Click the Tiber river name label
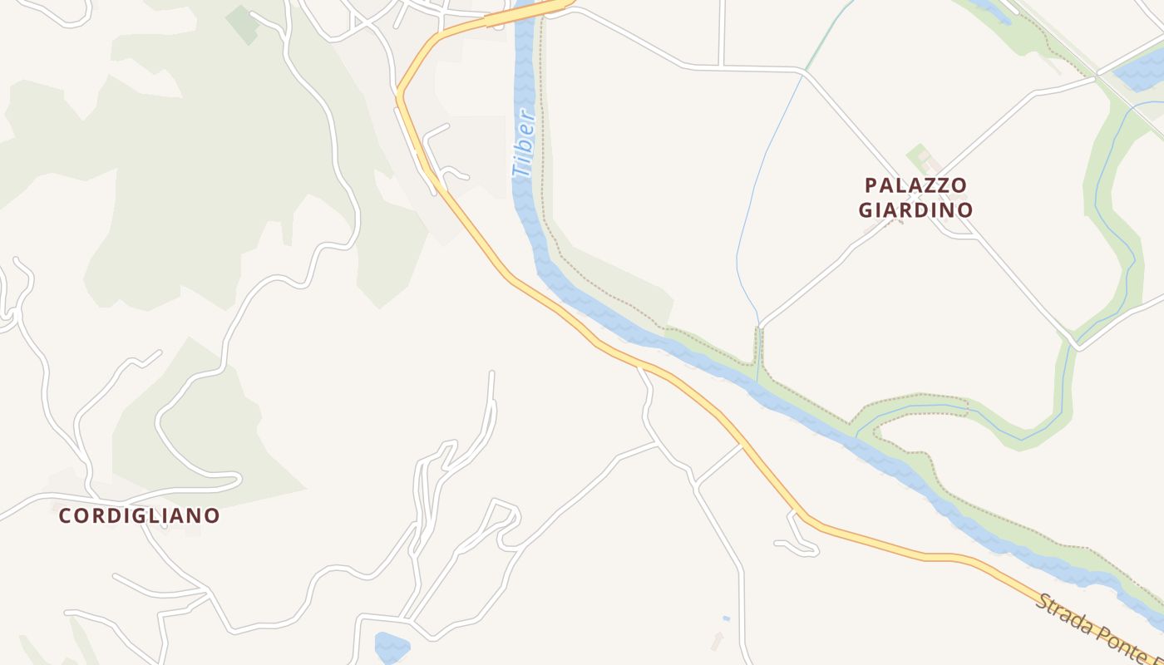523,144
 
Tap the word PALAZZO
915,185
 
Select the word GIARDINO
915,209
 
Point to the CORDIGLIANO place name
140,516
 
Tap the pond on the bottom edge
392,647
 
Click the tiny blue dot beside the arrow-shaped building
726,618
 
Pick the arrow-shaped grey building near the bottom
718,640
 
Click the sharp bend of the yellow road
399,92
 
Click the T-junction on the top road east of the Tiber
722,65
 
